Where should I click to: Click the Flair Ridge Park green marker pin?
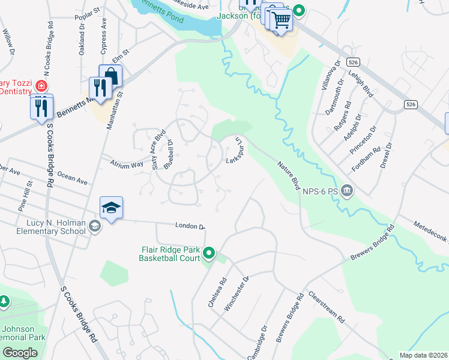[209, 253]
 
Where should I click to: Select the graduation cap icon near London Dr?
[111, 208]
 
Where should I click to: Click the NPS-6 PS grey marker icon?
[348, 191]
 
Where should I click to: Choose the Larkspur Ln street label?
[235, 150]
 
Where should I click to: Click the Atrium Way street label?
[126, 163]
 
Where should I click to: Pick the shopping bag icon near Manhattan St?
[111, 75]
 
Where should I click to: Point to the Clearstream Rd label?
[327, 308]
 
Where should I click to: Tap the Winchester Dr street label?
[236, 294]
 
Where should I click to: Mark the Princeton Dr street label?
[367, 140]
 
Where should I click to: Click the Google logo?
[20, 353]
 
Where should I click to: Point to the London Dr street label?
[190, 226]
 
